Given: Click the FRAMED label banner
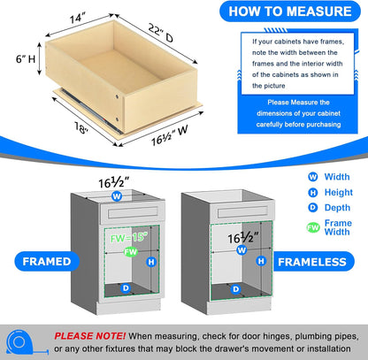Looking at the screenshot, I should click(x=38, y=262).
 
